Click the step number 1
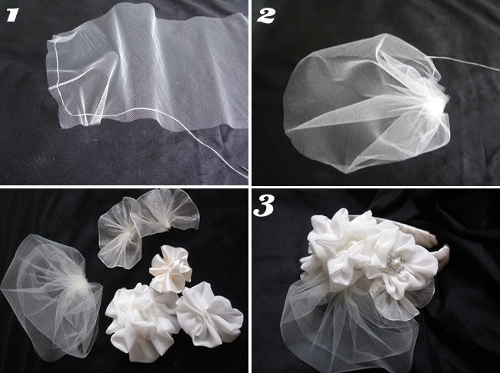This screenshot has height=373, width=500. click(x=13, y=15)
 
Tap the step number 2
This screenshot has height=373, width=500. click(x=265, y=15)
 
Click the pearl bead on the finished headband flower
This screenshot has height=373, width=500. click(x=392, y=263)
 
